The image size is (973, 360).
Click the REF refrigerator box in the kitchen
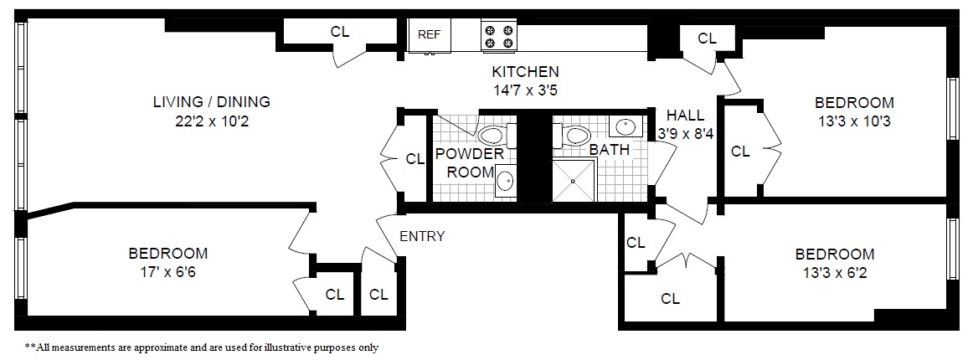coord(430,35)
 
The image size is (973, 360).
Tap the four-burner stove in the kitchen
coord(499,36)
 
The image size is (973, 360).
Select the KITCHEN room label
coord(525,71)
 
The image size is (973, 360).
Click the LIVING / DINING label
coord(211,102)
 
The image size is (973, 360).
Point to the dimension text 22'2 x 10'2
coord(211,121)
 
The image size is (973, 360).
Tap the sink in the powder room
coord(505,180)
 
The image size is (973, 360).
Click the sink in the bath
coord(624,127)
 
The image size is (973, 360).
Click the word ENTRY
coord(422,236)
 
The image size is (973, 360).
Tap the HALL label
coord(685,115)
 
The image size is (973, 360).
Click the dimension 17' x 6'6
coord(168,271)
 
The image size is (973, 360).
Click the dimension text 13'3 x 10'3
coord(854,121)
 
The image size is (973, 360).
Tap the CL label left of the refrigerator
coord(340,32)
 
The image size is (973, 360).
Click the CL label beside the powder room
coord(415,158)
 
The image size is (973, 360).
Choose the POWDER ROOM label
coord(471,162)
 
